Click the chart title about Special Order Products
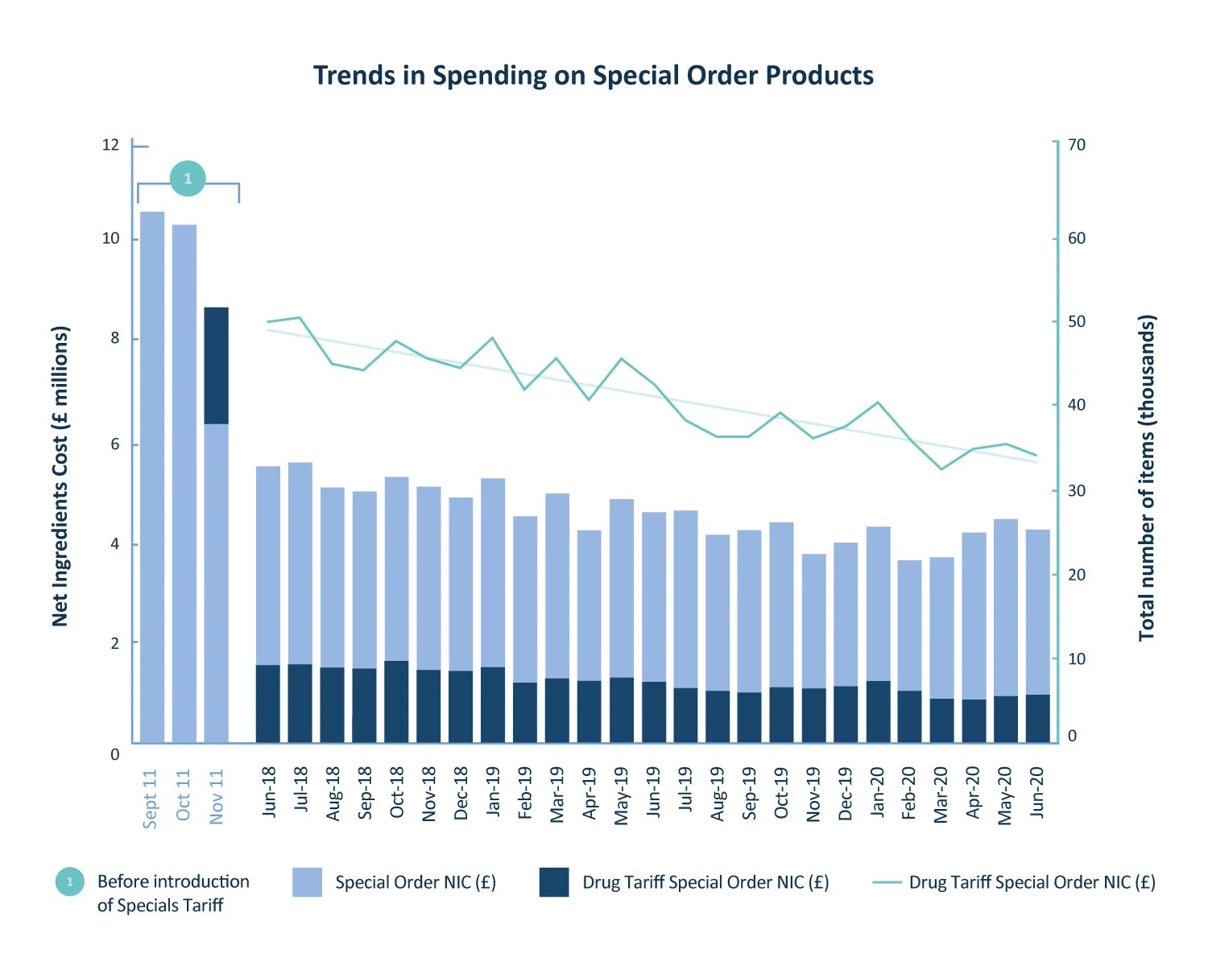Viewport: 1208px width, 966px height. pyautogui.click(x=594, y=76)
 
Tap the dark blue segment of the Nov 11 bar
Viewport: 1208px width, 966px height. pyautogui.click(x=216, y=365)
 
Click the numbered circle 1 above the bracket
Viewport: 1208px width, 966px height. pyautogui.click(x=188, y=179)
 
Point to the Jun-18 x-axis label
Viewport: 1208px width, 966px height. pyautogui.click(x=269, y=792)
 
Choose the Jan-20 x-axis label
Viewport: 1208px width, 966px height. pyautogui.click(x=878, y=792)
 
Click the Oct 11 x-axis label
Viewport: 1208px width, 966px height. pyautogui.click(x=184, y=795)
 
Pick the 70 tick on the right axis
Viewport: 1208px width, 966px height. pyautogui.click(x=1076, y=146)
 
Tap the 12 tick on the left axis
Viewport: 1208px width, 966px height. pyautogui.click(x=110, y=146)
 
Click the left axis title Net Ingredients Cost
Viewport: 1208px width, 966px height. pyautogui.click(x=60, y=476)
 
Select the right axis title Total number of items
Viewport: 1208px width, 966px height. pyautogui.click(x=1147, y=477)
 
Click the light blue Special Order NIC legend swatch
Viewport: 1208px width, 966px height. pyautogui.click(x=308, y=882)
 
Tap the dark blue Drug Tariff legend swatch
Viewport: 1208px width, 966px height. pyautogui.click(x=554, y=882)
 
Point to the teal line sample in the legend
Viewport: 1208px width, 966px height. pyautogui.click(x=886, y=883)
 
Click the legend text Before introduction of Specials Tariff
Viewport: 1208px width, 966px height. pyautogui.click(x=172, y=893)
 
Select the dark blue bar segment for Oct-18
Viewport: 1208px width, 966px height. pyautogui.click(x=396, y=701)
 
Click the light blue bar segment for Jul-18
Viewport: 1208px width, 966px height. pyautogui.click(x=300, y=563)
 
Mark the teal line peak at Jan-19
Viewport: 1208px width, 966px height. pyautogui.click(x=493, y=338)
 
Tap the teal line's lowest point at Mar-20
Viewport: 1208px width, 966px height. pyautogui.click(x=941, y=469)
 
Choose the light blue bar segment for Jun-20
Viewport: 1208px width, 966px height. pyautogui.click(x=1037, y=612)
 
